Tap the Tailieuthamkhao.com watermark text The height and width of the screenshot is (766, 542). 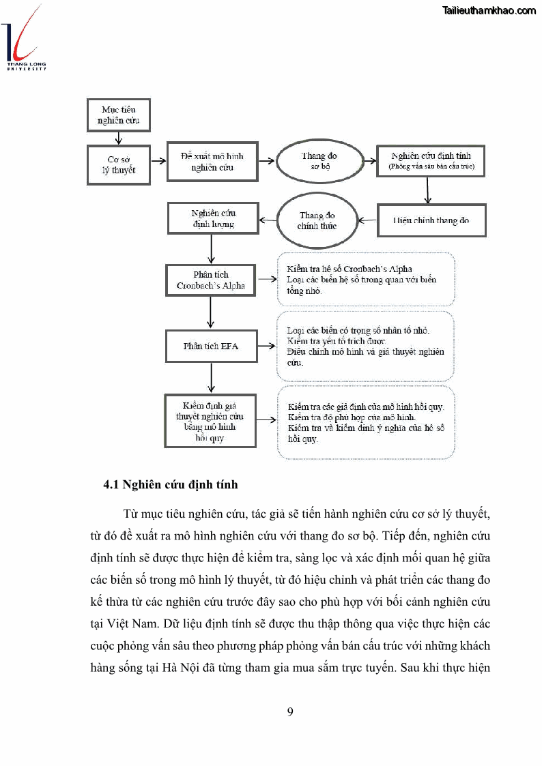click(x=489, y=10)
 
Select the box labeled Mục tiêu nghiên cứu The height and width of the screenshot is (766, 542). click(x=119, y=115)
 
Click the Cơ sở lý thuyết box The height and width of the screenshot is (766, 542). click(x=119, y=164)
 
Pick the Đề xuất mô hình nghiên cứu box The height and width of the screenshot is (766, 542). click(x=212, y=162)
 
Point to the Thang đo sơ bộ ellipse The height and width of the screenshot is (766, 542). click(x=319, y=161)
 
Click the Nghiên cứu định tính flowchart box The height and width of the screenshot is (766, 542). click(x=431, y=162)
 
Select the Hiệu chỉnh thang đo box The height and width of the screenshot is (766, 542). click(x=431, y=220)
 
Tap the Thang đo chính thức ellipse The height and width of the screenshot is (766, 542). click(x=317, y=220)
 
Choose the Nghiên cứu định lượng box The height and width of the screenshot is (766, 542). click(x=212, y=218)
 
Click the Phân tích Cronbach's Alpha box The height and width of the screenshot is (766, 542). click(x=211, y=280)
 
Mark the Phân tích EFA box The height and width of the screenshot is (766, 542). click(x=211, y=346)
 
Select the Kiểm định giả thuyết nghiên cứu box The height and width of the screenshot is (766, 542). click(x=211, y=421)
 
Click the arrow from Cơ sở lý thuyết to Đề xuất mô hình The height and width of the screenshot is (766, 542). click(x=158, y=162)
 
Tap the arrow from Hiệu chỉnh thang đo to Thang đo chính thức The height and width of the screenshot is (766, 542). click(x=368, y=220)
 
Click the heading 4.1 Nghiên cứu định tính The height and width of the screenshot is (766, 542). click(x=171, y=485)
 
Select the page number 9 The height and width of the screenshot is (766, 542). click(x=291, y=712)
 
